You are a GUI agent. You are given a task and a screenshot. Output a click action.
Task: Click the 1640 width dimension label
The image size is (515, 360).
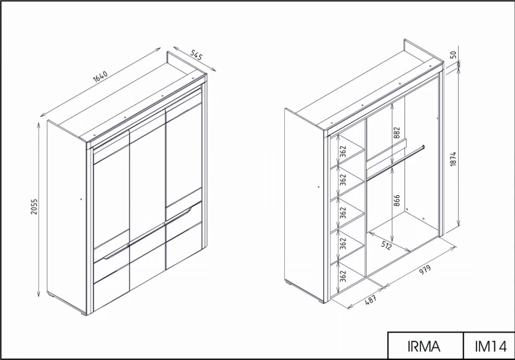pyautogui.click(x=100, y=76)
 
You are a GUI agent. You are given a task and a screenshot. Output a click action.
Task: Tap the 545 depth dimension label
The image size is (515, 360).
pyautogui.click(x=196, y=55)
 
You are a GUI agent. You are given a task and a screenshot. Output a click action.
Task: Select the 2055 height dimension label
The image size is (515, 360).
pyautogui.click(x=34, y=207)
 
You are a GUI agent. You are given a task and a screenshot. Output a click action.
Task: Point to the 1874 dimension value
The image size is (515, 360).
pyautogui.click(x=453, y=159)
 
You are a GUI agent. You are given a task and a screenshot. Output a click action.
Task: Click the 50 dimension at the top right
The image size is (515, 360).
pyautogui.click(x=453, y=54)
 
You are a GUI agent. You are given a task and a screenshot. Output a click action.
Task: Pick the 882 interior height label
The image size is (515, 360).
pyautogui.click(x=396, y=133)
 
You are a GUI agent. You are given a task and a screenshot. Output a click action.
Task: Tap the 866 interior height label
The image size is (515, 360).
pyautogui.click(x=396, y=201)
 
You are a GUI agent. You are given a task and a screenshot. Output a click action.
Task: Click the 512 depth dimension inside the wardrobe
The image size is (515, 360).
pyautogui.click(x=386, y=245)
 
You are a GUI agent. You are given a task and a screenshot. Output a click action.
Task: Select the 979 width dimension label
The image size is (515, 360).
pyautogui.click(x=424, y=269)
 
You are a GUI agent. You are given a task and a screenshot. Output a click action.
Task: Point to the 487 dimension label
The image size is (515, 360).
pyautogui.click(x=371, y=300)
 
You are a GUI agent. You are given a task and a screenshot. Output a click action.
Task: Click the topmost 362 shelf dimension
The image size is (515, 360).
pyautogui.click(x=343, y=151)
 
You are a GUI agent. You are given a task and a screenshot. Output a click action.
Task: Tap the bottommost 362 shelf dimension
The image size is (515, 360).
pyautogui.click(x=343, y=276)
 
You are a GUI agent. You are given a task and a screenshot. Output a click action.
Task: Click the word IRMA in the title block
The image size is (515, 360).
pyautogui.click(x=424, y=346)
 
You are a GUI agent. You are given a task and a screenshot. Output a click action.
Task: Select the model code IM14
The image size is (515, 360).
pyautogui.click(x=491, y=346)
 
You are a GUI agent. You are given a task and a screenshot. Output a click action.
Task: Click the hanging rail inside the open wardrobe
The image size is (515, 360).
pyautogui.click(x=396, y=164)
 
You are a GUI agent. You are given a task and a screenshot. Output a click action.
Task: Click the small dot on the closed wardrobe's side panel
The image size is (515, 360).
pyautogui.click(x=81, y=199)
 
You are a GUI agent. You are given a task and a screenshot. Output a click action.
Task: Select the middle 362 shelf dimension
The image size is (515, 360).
pyautogui.click(x=343, y=212)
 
